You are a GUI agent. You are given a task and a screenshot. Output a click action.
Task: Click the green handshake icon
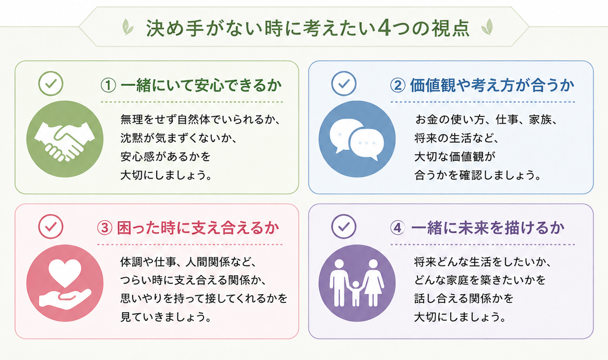coord(65,139)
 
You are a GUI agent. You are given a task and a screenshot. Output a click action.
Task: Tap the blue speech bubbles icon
coord(357,139)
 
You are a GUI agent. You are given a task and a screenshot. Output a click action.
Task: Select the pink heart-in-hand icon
coord(65,283)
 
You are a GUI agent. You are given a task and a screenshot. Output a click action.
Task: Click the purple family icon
coord(357,283)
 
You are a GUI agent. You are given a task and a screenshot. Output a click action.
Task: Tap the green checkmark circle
coord(51,83)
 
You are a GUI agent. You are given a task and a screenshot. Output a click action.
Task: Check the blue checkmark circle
coord(344,83)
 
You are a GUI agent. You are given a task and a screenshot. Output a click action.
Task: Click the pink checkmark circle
coord(51,226)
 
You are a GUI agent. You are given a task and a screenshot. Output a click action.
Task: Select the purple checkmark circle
coord(344,226)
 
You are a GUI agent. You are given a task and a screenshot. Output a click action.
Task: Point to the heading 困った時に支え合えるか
coord(198,228)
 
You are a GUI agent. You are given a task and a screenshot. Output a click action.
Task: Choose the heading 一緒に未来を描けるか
coord(488,228)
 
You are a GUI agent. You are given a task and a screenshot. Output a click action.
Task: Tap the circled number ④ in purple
coord(397,228)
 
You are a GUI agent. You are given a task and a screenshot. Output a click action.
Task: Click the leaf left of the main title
coord(127,27)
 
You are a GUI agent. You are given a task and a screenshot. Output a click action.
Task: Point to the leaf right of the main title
coord(487,27)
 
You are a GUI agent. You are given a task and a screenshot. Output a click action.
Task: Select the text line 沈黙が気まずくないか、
coord(179,138)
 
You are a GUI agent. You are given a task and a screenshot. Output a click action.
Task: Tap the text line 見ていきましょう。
coord(167,317)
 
